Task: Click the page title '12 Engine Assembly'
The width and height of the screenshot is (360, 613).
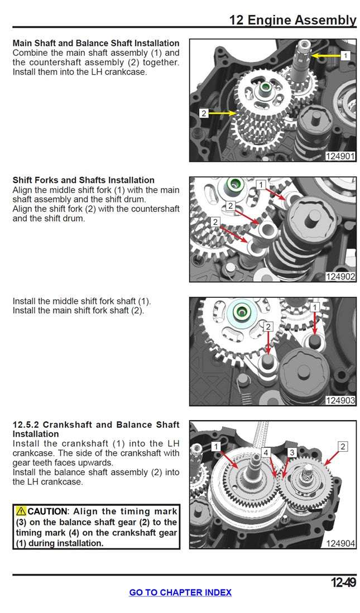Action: tap(292, 20)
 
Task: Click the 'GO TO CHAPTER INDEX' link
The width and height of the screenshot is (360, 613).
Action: tap(180, 592)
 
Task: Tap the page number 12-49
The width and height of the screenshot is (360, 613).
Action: tap(343, 583)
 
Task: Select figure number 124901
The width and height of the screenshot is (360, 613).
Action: tap(340, 156)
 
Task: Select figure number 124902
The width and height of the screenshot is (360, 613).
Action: tap(340, 276)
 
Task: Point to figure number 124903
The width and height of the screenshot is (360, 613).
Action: tap(340, 400)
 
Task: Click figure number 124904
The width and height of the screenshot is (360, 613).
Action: tap(340, 543)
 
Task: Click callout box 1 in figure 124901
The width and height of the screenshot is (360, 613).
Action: tap(344, 56)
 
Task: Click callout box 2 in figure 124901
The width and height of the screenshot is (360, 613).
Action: tap(204, 113)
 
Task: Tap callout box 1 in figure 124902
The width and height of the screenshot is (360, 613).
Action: tap(261, 185)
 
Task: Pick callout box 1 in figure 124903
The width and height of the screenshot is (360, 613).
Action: tap(315, 307)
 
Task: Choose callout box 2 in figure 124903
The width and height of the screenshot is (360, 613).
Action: tap(268, 327)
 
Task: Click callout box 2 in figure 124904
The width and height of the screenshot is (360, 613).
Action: tap(343, 446)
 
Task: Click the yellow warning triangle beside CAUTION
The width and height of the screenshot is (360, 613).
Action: tap(21, 511)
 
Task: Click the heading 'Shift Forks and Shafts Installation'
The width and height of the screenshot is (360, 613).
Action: tap(83, 180)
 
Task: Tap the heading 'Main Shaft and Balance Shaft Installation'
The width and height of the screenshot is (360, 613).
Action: tap(96, 43)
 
